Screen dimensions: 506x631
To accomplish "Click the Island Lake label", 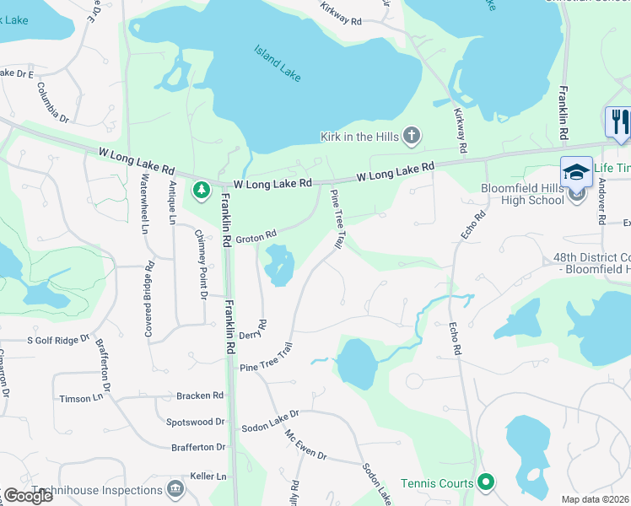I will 278,62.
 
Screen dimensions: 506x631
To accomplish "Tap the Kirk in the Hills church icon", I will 412,135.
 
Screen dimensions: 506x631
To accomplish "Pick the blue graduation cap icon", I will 577,171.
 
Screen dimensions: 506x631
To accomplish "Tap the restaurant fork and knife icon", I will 618,121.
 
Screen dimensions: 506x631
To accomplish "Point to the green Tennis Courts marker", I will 485,482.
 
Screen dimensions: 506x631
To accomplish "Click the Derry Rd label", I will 262,330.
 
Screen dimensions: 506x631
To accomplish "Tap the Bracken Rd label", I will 200,395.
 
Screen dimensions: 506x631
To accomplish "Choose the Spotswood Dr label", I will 197,421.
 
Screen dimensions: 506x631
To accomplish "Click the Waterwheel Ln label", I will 144,205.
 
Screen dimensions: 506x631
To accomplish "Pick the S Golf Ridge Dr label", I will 58,340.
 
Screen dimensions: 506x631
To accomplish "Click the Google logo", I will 28,496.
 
